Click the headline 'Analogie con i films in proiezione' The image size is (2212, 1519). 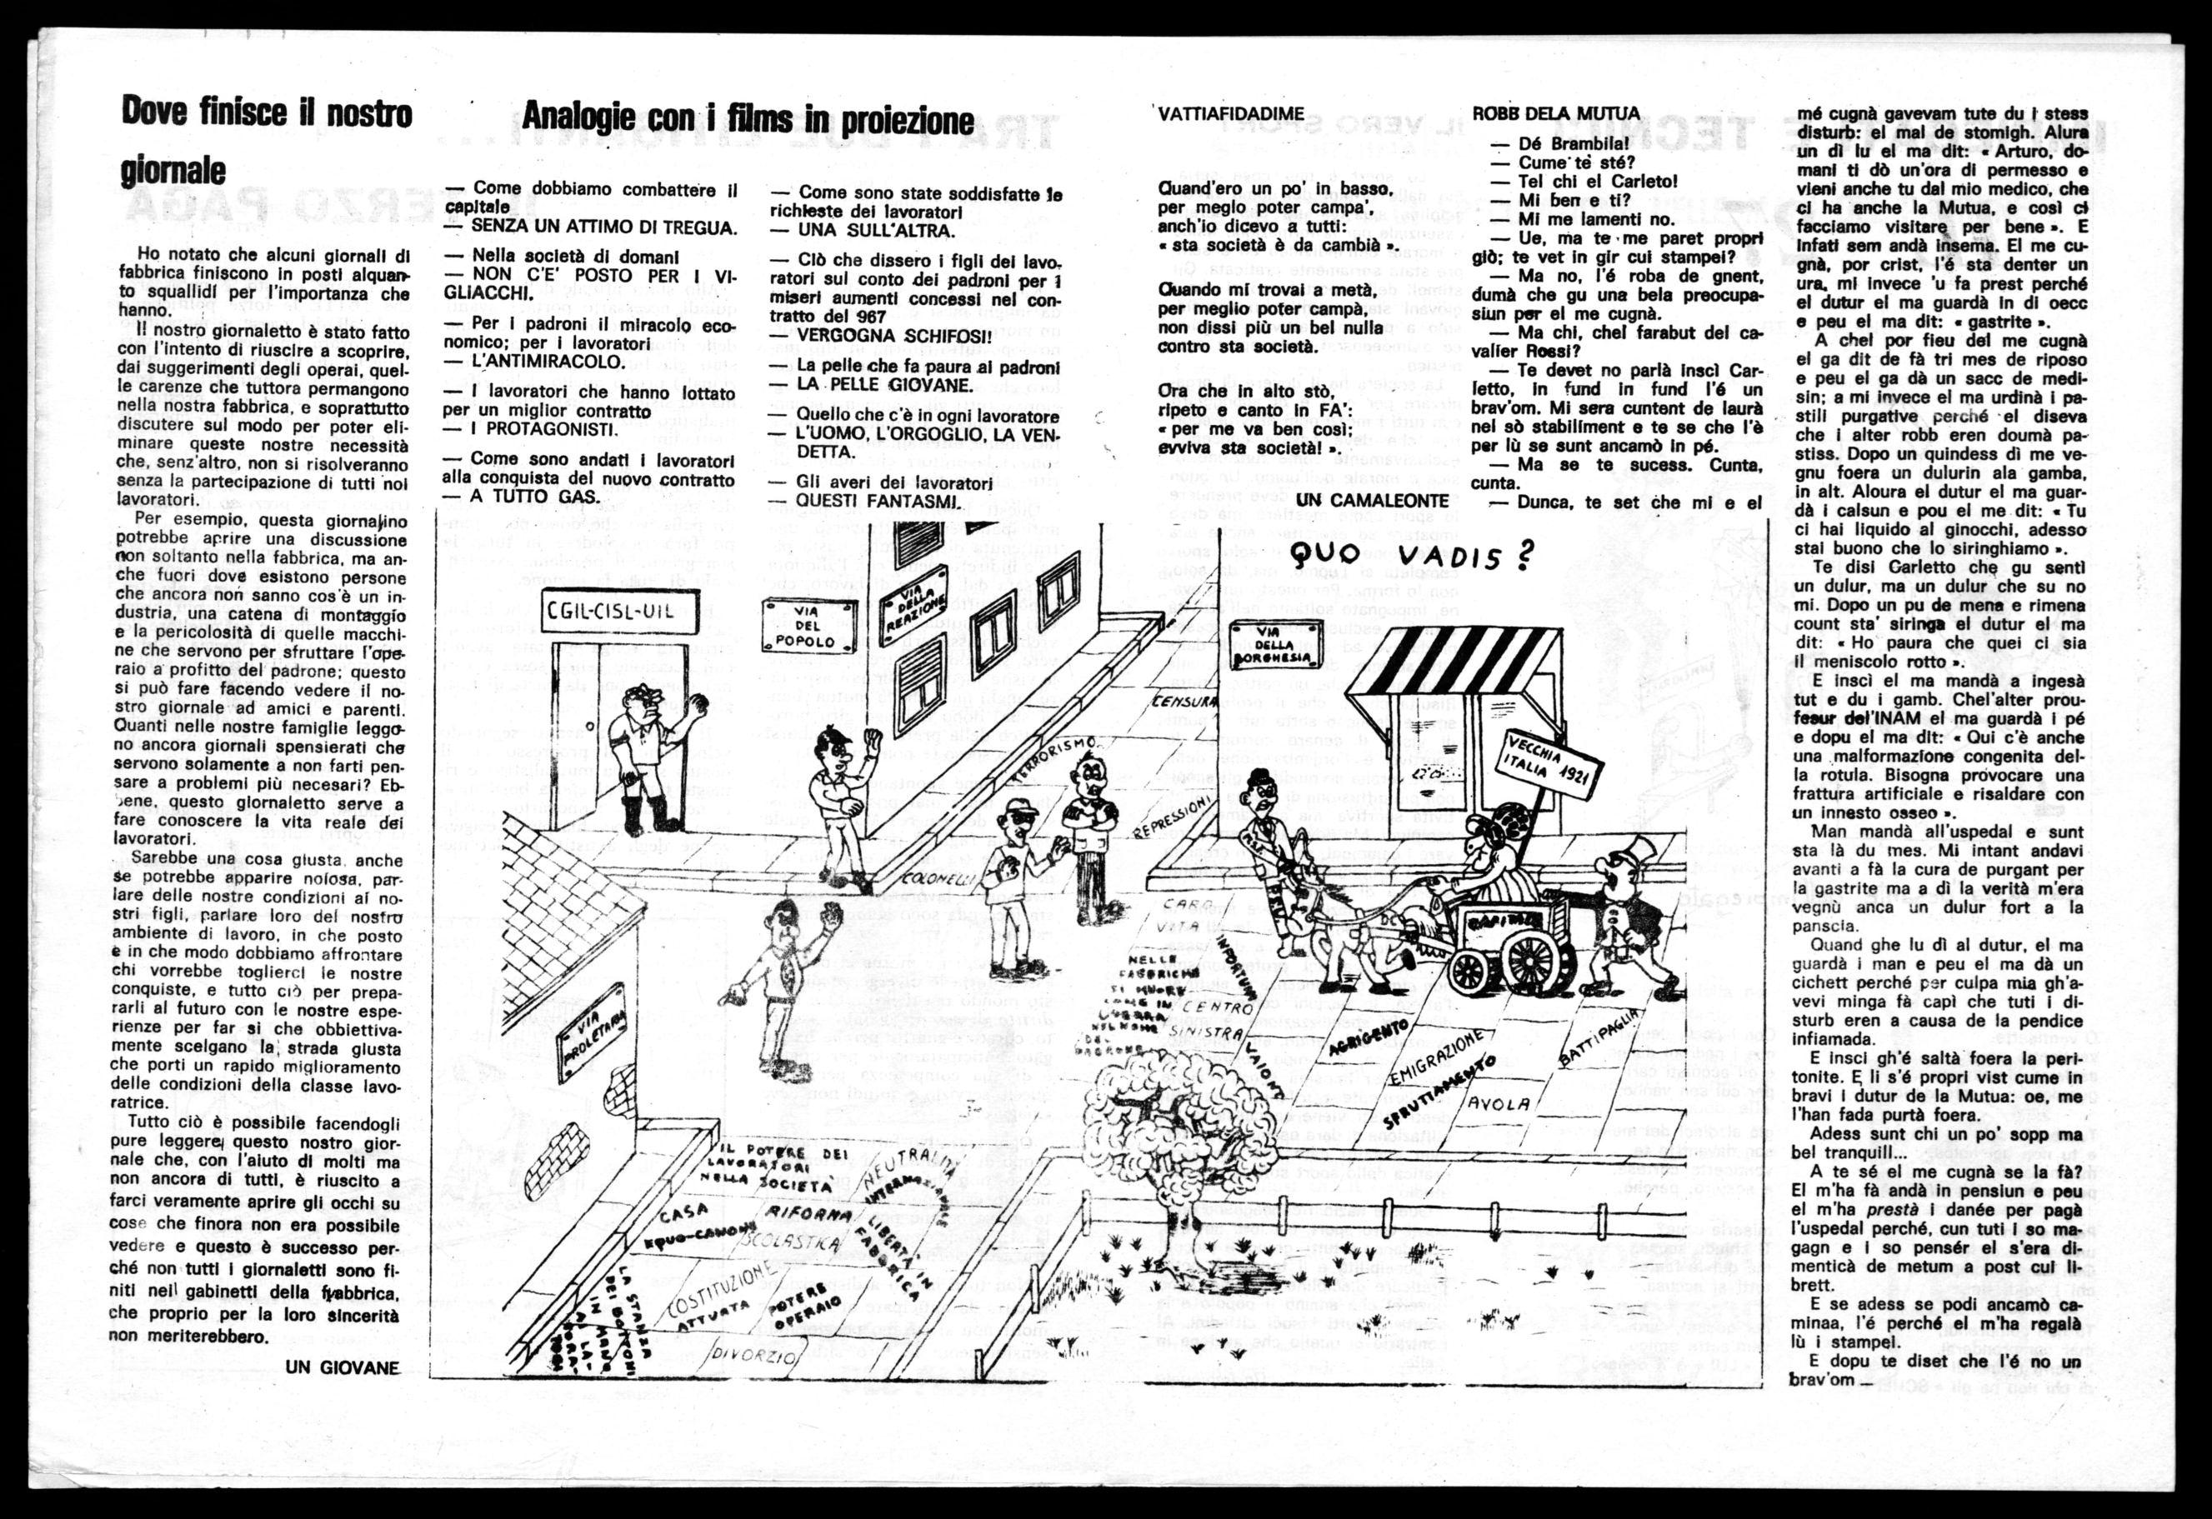(x=748, y=120)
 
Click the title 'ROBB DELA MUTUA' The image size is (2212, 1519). (x=1556, y=113)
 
